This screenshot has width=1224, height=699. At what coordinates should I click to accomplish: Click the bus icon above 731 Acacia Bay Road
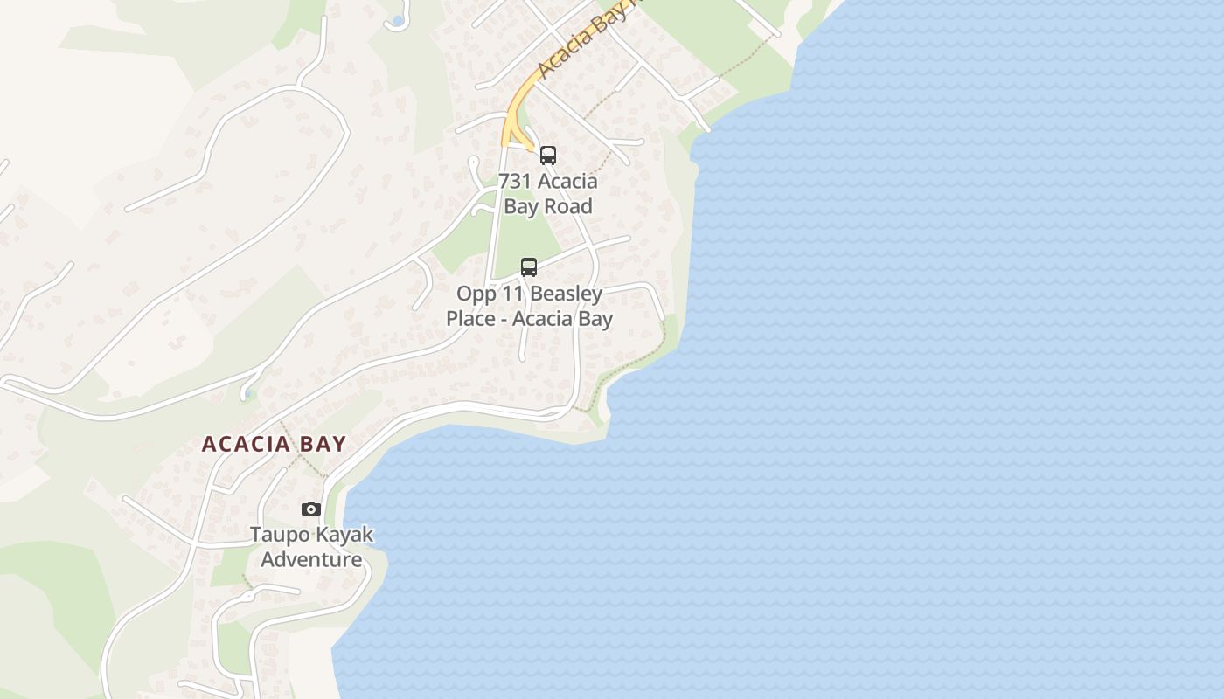pyautogui.click(x=548, y=156)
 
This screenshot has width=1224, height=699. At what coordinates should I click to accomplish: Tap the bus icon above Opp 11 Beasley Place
pyautogui.click(x=529, y=267)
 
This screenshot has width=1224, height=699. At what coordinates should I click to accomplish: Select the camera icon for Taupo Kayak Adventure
pyautogui.click(x=311, y=509)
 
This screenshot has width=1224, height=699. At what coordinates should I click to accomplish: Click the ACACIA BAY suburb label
pyautogui.click(x=274, y=444)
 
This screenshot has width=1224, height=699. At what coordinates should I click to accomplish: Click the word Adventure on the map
pyautogui.click(x=311, y=559)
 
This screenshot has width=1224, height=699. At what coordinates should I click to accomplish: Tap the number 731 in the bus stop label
pyautogui.click(x=515, y=182)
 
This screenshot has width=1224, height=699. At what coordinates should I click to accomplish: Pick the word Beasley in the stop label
pyautogui.click(x=565, y=294)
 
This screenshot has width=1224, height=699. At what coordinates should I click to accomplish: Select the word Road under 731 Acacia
pyautogui.click(x=569, y=206)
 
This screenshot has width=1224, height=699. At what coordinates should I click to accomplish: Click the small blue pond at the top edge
pyautogui.click(x=398, y=20)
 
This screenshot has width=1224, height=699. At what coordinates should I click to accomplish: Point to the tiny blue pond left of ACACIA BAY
pyautogui.click(x=249, y=393)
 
